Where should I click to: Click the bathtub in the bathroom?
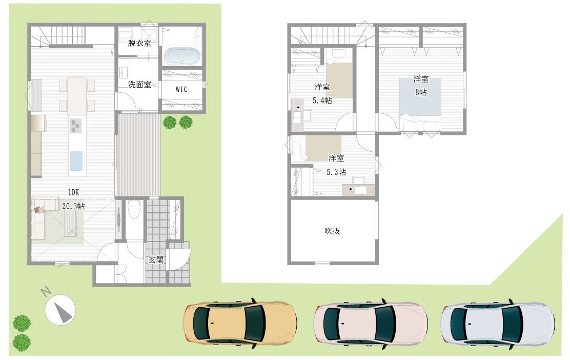(182, 56)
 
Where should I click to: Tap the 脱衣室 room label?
(139, 43)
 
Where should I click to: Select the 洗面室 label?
(139, 85)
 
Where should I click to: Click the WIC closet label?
(181, 89)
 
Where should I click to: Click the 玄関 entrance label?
(156, 260)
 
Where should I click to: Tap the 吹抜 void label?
(332, 231)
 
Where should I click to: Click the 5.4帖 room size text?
(322, 101)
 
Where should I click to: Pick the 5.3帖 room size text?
(336, 172)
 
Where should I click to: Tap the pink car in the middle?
(371, 324)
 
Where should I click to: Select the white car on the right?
(497, 324)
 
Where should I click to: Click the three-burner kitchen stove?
(76, 125)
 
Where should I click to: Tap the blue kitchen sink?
(76, 161)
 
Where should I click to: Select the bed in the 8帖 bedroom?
(420, 101)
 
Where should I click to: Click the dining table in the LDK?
(77, 95)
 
